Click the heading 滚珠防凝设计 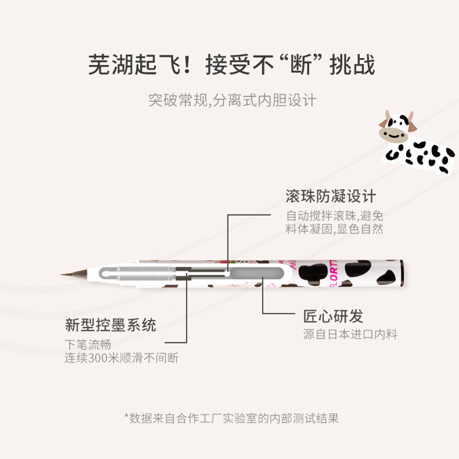tap(330, 196)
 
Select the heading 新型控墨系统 tap(110, 326)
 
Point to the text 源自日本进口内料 tap(350, 334)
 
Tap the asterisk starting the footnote tap(126, 417)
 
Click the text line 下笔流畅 tap(87, 345)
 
